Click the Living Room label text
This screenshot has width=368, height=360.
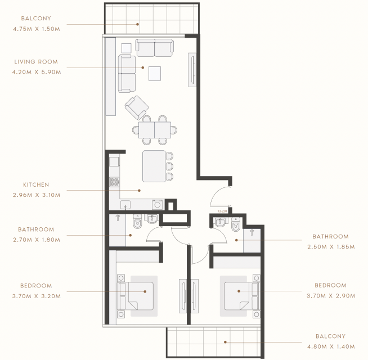click(36, 62)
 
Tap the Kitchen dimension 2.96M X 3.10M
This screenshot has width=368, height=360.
click(37, 195)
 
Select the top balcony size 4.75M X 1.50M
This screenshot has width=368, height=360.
click(37, 29)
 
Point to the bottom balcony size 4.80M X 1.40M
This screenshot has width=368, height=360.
click(331, 346)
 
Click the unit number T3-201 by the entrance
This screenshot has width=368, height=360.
click(222, 211)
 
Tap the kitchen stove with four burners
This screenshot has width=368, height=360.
click(114, 182)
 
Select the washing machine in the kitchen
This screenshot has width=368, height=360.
click(157, 205)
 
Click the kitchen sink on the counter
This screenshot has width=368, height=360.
click(125, 205)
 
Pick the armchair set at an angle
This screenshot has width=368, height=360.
click(136, 107)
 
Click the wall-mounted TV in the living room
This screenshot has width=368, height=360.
click(192, 70)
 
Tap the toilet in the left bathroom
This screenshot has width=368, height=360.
click(137, 221)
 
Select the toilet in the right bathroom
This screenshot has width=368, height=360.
click(236, 224)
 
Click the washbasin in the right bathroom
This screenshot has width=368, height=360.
click(220, 222)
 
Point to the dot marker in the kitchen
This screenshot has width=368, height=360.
click(139, 191)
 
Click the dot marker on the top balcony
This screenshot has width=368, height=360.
click(138, 24)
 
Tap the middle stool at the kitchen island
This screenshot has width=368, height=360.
click(169, 166)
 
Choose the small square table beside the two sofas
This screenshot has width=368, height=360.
click(126, 48)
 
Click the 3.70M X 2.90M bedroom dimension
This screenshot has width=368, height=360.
click(331, 296)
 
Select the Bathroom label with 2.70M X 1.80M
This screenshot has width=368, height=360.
click(37, 229)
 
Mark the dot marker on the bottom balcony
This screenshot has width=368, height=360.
click(225, 342)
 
